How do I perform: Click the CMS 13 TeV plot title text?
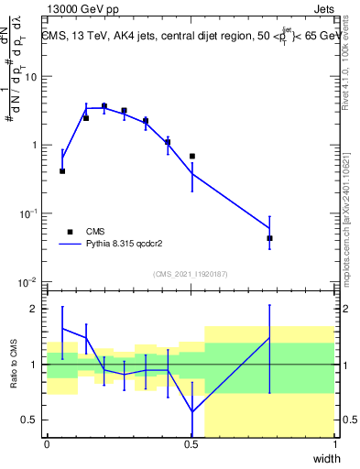point(191,37)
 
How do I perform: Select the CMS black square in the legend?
point(69,232)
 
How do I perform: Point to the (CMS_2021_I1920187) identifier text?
point(190,273)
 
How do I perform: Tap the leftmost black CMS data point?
point(62,171)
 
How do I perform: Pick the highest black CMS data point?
point(104,106)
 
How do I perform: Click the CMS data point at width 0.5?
point(192,157)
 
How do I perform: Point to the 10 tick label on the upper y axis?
point(30,77)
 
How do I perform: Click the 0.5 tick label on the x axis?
point(191,444)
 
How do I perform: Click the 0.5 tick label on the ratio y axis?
point(30,420)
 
